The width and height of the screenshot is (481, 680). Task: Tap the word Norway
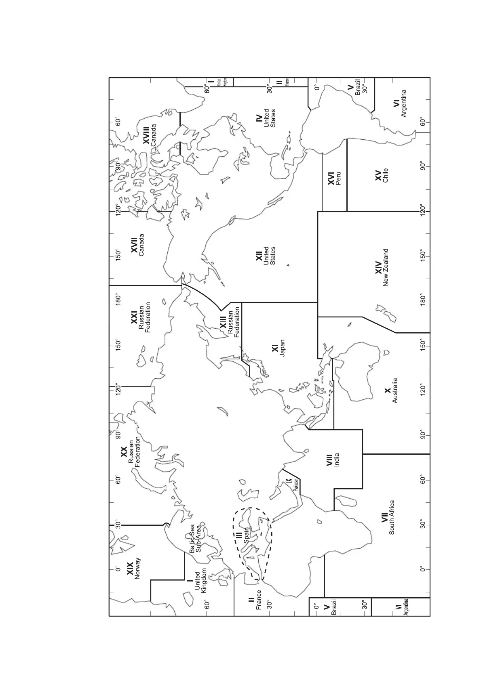click(137, 569)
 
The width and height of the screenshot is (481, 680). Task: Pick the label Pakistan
click(296, 485)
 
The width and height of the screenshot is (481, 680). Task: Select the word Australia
click(395, 390)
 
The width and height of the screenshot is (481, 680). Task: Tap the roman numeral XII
click(259, 256)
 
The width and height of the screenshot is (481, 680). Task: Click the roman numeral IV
click(259, 118)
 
